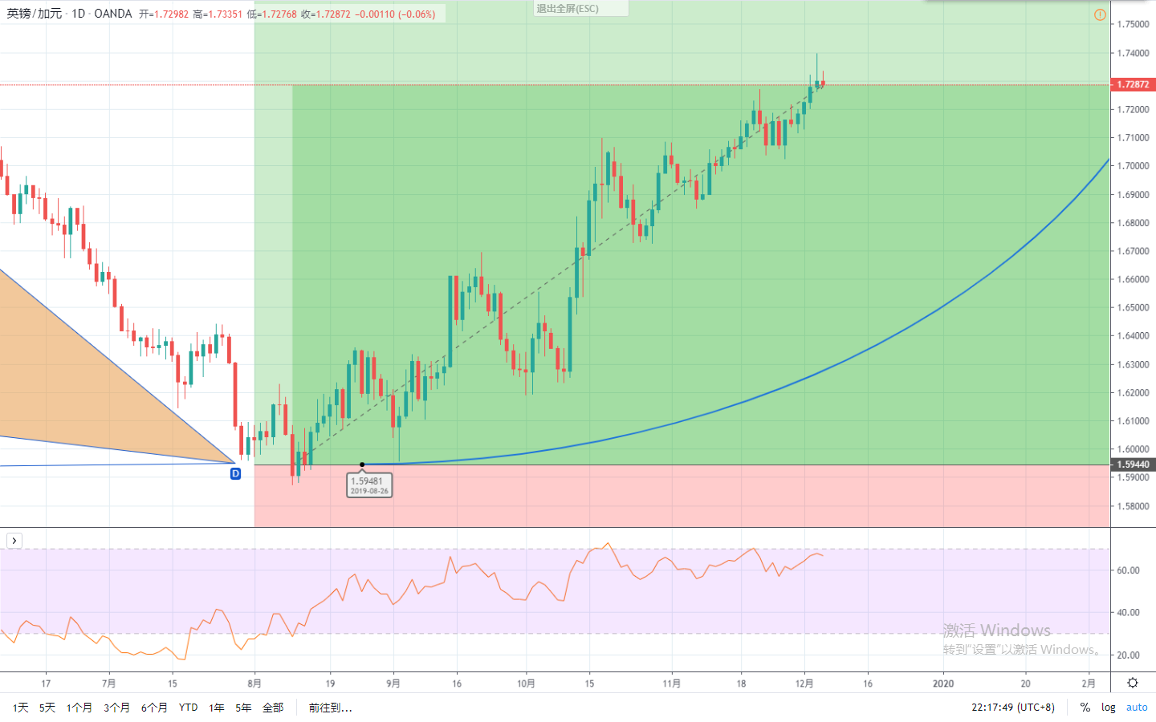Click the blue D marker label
click(235, 473)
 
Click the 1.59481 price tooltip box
click(369, 485)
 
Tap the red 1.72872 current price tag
click(1133, 84)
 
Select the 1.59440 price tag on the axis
click(1133, 464)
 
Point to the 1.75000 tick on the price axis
click(1133, 24)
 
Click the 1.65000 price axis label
click(1133, 307)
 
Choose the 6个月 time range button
click(154, 708)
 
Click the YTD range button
click(188, 708)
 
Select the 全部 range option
click(273, 708)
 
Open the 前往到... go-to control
click(330, 708)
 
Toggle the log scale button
click(1108, 708)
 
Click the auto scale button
click(1137, 708)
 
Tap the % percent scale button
click(1085, 708)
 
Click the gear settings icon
click(1133, 683)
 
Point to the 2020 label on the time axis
click(943, 683)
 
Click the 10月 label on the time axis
click(526, 683)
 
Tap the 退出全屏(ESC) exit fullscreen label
click(568, 9)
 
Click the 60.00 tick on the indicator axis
click(1128, 570)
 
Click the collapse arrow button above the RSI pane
click(14, 541)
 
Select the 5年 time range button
click(243, 708)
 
